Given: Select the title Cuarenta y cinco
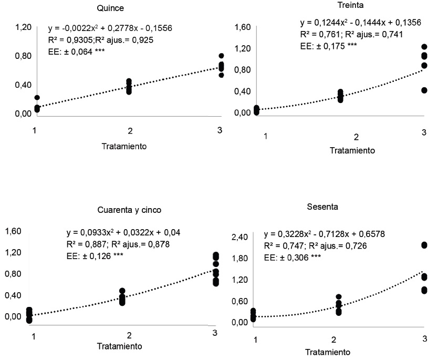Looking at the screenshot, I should [129, 209].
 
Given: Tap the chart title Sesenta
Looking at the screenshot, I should [322, 207].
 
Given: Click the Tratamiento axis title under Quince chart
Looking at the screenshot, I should [124, 147].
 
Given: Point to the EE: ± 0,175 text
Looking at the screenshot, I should [328, 46].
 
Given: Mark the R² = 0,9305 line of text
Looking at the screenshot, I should [100, 40].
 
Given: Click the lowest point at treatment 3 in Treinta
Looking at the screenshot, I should [424, 90].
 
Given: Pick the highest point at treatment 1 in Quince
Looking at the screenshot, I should [37, 98].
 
